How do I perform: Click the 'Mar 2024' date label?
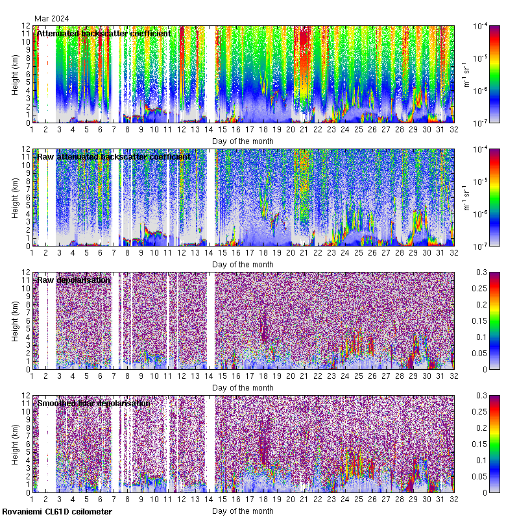[x=52, y=18]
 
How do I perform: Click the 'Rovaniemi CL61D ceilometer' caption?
[x=56, y=512]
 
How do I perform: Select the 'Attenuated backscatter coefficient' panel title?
[x=104, y=33]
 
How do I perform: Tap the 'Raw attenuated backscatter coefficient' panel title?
[x=114, y=156]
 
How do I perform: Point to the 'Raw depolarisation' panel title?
[x=73, y=280]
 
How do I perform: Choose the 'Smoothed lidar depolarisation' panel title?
[x=93, y=403]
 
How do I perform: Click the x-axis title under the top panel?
[x=243, y=141]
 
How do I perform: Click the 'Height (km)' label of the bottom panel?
[x=16, y=443]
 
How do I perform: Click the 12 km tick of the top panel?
[x=26, y=27]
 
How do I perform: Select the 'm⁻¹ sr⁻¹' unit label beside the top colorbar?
[x=466, y=74]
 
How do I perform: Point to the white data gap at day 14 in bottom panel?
[x=210, y=441]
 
